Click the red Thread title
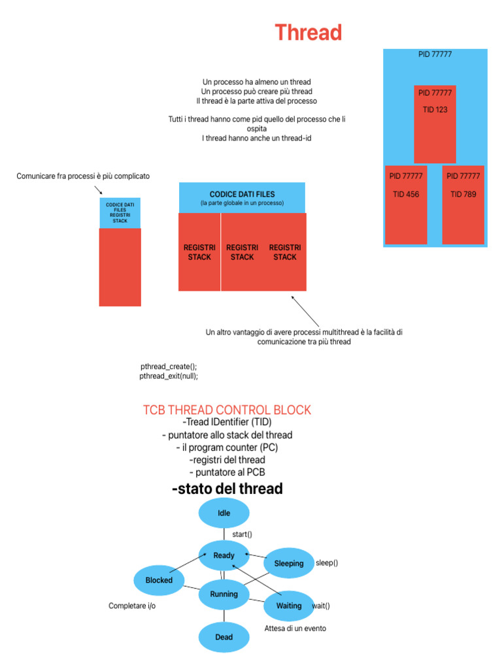tap(308, 32)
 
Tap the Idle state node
tap(224, 514)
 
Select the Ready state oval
tap(224, 555)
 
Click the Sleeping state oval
tap(288, 563)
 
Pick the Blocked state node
tap(159, 579)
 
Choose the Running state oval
tap(224, 594)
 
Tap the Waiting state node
tap(288, 606)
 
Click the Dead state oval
tap(224, 636)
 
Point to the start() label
tap(243, 534)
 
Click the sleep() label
tap(327, 563)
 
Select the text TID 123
tap(435, 110)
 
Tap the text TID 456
tap(406, 194)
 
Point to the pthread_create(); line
tap(169, 367)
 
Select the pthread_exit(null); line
tap(169, 376)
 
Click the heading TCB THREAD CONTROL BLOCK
tap(227, 410)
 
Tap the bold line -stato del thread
tap(227, 489)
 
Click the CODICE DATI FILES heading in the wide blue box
tap(242, 194)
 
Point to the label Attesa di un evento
tap(295, 628)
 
